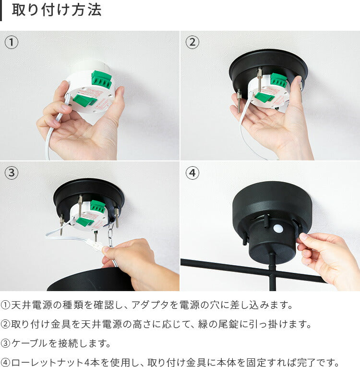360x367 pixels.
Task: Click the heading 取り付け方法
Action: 57,10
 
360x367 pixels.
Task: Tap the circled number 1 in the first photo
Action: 11,42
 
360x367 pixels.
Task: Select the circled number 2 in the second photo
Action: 192,42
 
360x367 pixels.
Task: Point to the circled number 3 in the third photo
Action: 11,173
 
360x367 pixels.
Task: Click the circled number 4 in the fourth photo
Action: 192,173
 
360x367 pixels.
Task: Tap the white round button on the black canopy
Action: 277,229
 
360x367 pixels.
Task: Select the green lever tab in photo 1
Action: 84,100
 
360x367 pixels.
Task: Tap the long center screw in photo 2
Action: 259,80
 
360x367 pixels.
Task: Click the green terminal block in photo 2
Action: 278,80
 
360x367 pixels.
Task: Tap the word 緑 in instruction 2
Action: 203,324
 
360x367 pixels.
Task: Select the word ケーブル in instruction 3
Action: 30,343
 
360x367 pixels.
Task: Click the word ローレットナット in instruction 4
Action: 47,363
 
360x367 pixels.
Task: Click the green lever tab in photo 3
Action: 84,221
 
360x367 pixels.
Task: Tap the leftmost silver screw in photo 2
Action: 239,101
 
